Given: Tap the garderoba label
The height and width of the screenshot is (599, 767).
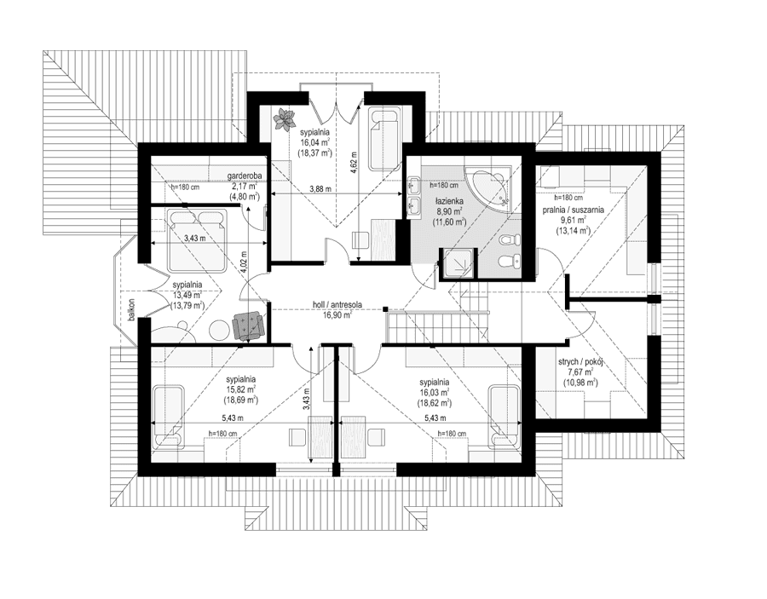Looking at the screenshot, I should click(x=243, y=176).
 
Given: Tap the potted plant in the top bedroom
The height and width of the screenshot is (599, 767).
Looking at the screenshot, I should click(x=284, y=118).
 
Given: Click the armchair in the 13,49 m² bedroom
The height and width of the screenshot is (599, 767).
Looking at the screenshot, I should click(x=248, y=325).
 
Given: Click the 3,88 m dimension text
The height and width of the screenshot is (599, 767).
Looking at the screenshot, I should click(x=320, y=188).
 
